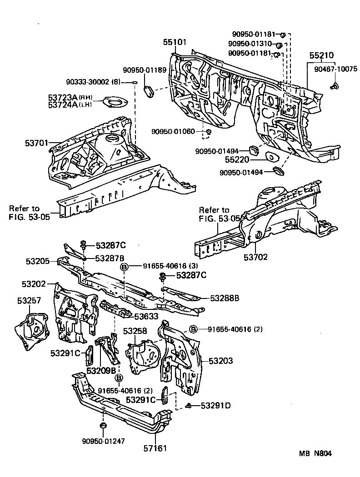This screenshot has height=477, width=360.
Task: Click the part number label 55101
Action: click(x=175, y=42)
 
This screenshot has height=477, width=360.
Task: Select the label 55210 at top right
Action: click(x=321, y=55)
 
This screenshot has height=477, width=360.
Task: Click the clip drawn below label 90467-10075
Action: click(x=335, y=85)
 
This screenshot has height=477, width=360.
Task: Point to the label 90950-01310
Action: click(x=250, y=44)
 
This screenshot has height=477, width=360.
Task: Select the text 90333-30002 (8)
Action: click(x=93, y=82)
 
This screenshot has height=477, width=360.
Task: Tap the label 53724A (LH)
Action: click(x=70, y=104)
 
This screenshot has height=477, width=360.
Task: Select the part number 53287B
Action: click(x=110, y=258)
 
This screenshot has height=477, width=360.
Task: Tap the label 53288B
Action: click(x=225, y=298)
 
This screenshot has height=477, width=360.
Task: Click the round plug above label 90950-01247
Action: click(x=103, y=426)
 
